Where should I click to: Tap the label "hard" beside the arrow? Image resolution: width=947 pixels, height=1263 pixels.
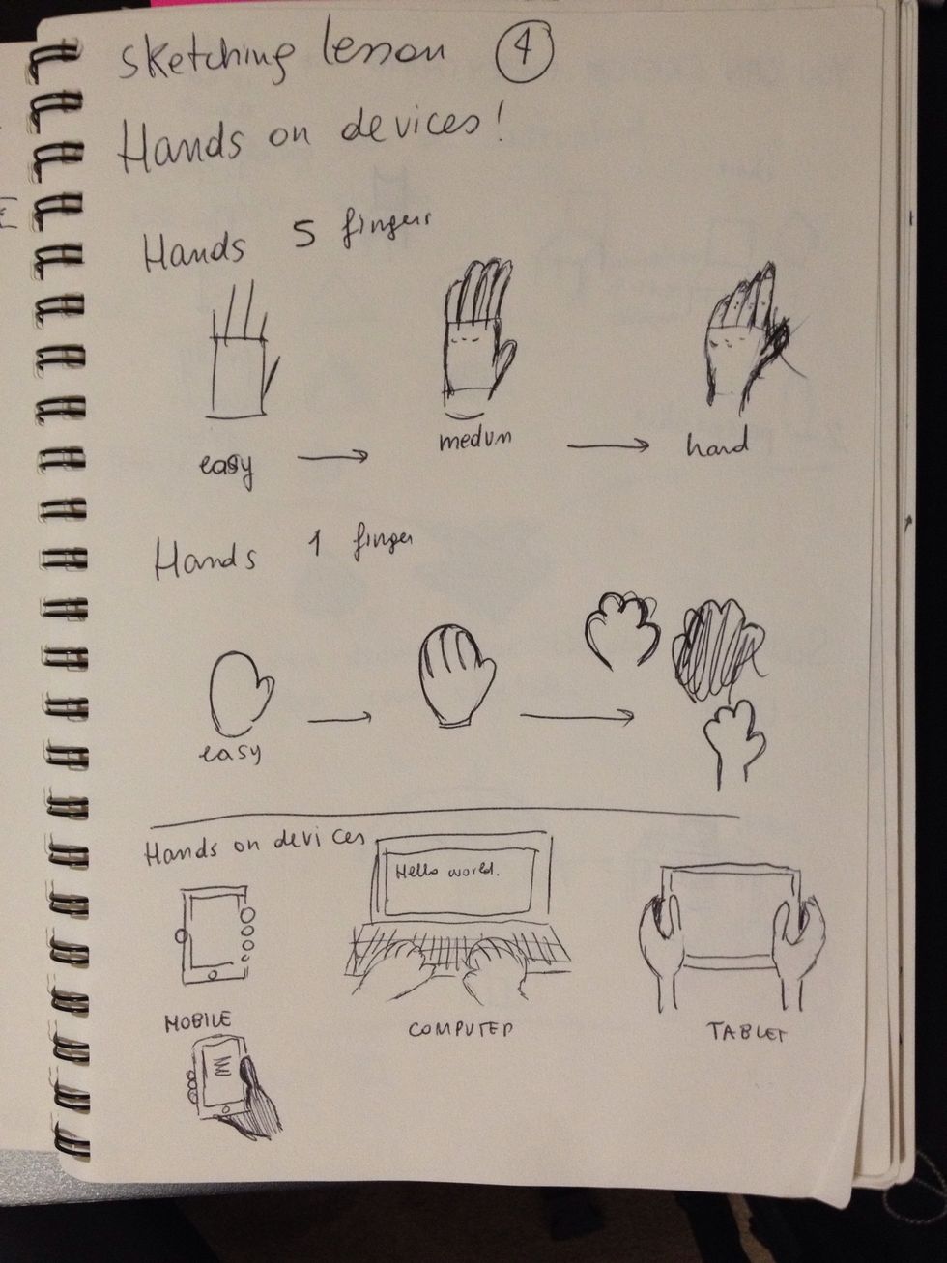[x=717, y=445]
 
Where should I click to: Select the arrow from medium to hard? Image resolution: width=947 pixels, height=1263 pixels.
[x=607, y=445]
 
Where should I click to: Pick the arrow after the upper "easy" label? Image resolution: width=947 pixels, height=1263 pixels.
[x=332, y=456]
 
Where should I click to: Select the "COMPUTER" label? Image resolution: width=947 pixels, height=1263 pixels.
[x=460, y=1028]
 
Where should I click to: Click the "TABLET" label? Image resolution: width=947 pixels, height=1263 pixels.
[x=747, y=1032]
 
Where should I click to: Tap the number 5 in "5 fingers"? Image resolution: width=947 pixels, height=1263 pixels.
[x=305, y=235]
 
